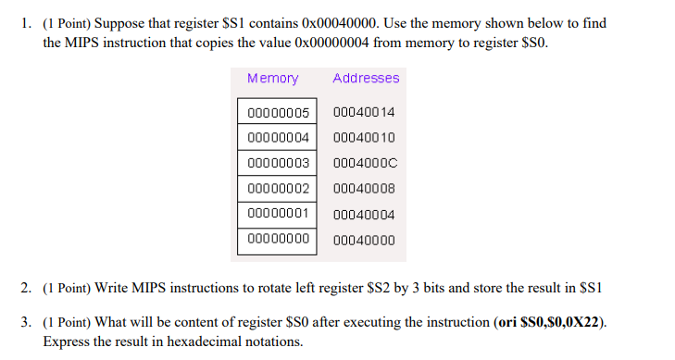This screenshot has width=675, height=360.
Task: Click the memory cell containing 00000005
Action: (x=278, y=113)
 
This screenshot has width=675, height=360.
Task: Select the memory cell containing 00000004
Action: (x=278, y=138)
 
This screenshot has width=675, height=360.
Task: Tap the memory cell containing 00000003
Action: (x=278, y=163)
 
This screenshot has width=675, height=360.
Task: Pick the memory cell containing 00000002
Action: (x=278, y=189)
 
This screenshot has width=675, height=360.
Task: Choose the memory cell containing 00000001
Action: (x=278, y=214)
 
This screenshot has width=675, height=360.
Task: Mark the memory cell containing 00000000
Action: (x=278, y=239)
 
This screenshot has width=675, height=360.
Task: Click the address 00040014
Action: (x=363, y=113)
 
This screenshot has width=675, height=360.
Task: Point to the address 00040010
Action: (x=363, y=138)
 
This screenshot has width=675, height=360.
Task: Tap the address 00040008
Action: (x=363, y=189)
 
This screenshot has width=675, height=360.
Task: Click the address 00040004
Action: (x=363, y=215)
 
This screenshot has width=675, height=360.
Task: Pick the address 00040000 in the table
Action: (x=363, y=240)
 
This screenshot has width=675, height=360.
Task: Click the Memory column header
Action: (x=273, y=79)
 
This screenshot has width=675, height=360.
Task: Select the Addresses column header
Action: (x=366, y=79)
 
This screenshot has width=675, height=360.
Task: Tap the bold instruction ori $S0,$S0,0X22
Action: (x=550, y=321)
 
